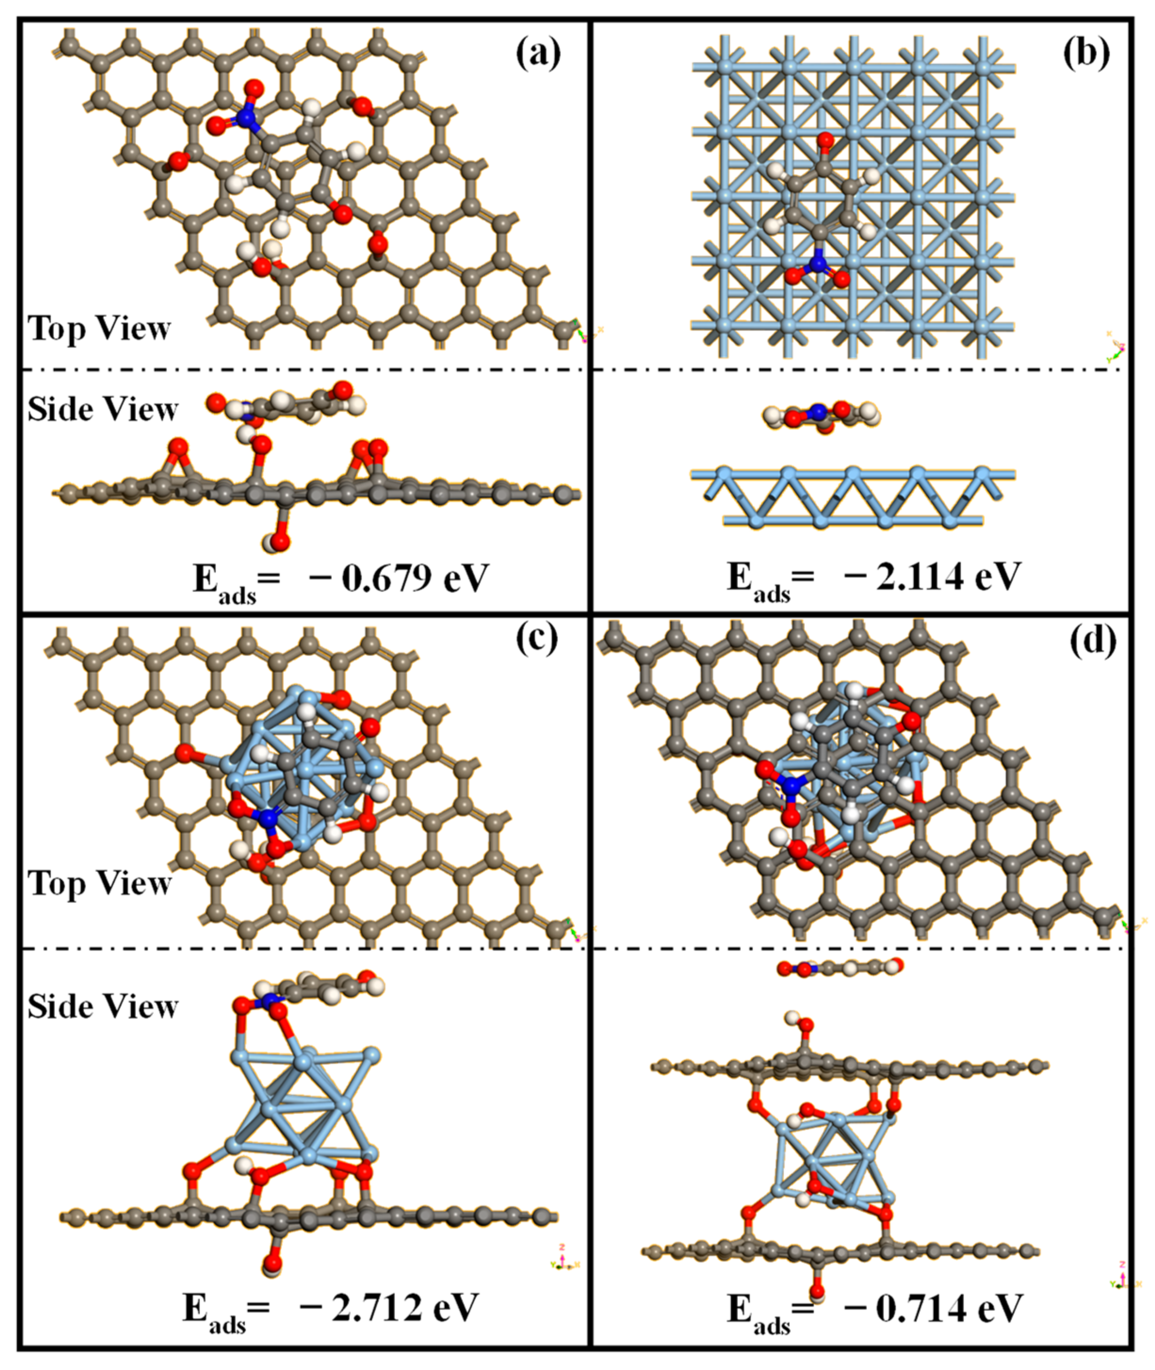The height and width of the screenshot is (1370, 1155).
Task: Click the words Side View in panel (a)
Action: (x=103, y=409)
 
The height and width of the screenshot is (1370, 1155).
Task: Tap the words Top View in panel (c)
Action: (x=99, y=883)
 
